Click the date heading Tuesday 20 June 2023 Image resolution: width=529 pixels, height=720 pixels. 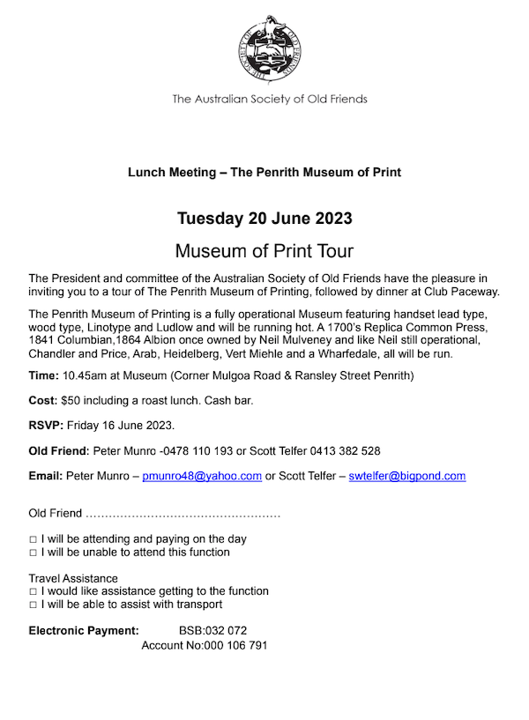coord(264,219)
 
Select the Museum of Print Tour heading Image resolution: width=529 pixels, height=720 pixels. coord(264,250)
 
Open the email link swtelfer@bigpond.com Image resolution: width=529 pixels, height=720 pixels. coord(406,476)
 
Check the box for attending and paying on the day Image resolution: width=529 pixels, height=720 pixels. coord(33,539)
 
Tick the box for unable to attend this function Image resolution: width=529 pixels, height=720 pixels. coord(33,553)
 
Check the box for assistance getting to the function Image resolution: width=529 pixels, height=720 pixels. coord(33,591)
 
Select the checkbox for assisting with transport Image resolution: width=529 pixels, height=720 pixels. coord(33,605)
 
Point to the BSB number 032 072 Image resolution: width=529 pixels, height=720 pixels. coord(225,631)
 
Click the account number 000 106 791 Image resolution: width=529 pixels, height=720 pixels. coord(236,646)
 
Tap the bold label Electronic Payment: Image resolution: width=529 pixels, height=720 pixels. coord(84,631)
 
